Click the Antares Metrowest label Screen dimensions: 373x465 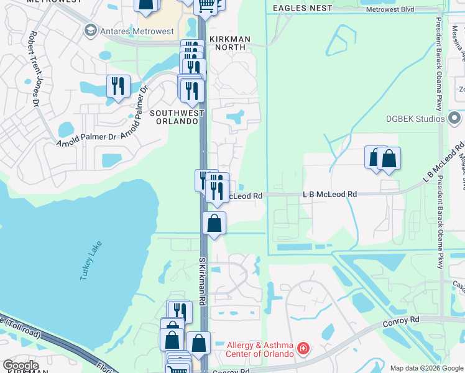tap(131, 30)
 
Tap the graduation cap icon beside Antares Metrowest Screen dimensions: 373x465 tap(91, 30)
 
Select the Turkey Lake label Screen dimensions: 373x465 tap(90, 260)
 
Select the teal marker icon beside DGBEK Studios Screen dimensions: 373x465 tap(454, 117)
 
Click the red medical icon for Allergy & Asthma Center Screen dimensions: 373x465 tap(303, 349)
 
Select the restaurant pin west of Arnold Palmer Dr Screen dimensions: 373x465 tap(118, 85)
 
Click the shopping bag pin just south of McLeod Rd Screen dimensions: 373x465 tap(214, 223)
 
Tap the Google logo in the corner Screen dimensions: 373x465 tap(21, 366)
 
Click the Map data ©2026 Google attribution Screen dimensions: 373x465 tap(426, 368)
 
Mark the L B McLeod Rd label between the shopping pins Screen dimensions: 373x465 tap(329, 195)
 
